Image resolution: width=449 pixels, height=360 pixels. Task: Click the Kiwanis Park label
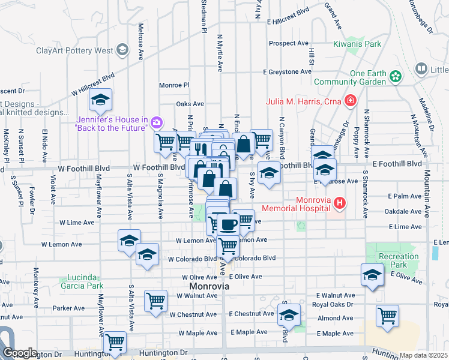coord(358,44)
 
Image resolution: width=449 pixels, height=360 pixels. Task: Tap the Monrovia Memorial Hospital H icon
coord(340,203)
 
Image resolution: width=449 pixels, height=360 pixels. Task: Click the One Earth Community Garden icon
coord(395,76)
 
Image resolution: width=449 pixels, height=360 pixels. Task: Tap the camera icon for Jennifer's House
coord(157,123)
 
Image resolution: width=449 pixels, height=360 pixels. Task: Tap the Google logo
coord(19,353)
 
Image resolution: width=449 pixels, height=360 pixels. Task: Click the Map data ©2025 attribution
coord(423,355)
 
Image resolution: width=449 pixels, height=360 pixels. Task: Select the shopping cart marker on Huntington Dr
coord(115,343)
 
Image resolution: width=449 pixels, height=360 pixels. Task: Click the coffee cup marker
coord(228,225)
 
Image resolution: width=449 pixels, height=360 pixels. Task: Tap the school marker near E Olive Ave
coord(372,275)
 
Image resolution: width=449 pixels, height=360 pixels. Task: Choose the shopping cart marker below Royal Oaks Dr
coord(387,314)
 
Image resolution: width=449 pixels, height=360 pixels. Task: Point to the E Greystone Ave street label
coord(287,72)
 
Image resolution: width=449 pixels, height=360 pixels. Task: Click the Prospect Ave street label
coord(288,43)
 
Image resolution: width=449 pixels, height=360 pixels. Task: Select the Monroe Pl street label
coord(174,85)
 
